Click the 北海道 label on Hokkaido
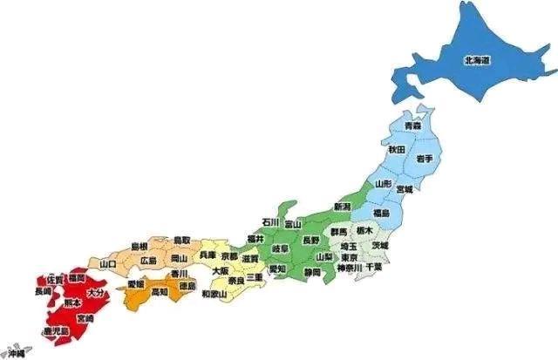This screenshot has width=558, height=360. click(x=476, y=60)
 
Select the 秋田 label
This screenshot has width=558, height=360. click(x=397, y=150)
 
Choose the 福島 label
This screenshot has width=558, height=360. click(x=381, y=214)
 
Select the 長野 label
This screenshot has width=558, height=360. click(x=310, y=239)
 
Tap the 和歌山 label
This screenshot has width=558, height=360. click(x=214, y=295)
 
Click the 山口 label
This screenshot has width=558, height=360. click(x=109, y=263)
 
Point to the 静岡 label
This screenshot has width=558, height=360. click(x=311, y=273)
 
